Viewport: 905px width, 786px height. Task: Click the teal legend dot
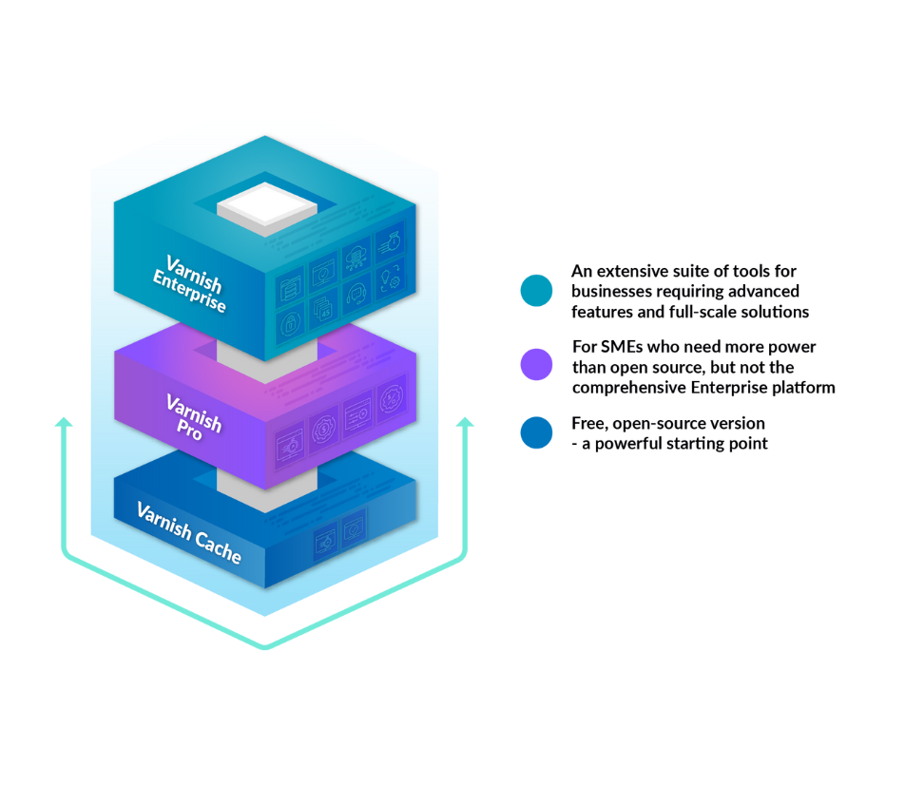pyautogui.click(x=536, y=290)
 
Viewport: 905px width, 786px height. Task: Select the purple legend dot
pyautogui.click(x=536, y=364)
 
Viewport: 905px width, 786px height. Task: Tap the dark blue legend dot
pyautogui.click(x=536, y=432)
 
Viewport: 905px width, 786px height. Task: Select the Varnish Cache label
pyautogui.click(x=188, y=531)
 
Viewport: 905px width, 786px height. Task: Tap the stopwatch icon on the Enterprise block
pyautogui.click(x=390, y=240)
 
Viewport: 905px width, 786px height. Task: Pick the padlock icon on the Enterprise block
pyautogui.click(x=290, y=322)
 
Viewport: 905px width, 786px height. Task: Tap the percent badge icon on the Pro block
pyautogui.click(x=390, y=399)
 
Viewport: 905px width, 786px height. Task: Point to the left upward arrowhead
pyautogui.click(x=64, y=421)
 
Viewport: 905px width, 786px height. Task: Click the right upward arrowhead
pyautogui.click(x=465, y=421)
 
